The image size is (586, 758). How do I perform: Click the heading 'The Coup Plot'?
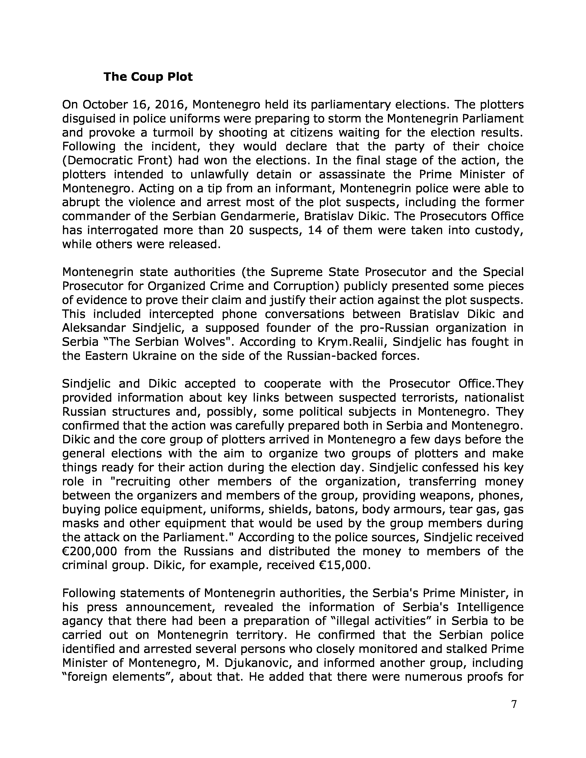pyautogui.click(x=148, y=77)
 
